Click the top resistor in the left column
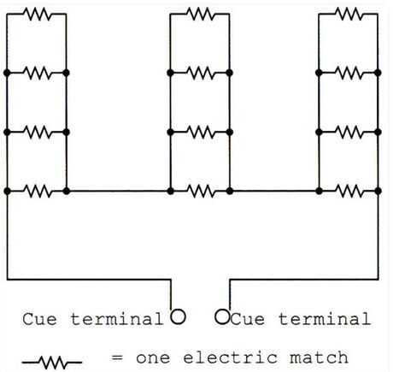point(37,14)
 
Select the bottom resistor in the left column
point(37,189)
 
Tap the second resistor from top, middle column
point(201,74)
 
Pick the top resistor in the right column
point(349,14)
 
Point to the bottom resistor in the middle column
point(201,189)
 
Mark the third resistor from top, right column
point(349,132)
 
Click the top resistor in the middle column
point(201,14)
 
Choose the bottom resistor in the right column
point(349,189)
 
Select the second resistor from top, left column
point(37,74)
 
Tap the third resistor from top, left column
point(37,132)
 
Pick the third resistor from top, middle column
point(201,132)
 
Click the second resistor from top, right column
point(349,74)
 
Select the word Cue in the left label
point(38,319)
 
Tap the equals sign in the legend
point(118,357)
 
